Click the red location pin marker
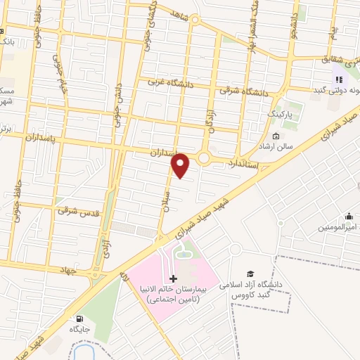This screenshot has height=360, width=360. pos(181,165)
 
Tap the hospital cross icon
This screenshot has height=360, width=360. pos(174,280)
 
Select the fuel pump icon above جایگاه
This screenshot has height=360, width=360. pos(89,319)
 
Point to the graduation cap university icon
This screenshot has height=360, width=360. pos(250,274)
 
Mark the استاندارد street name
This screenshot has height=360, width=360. pos(244,164)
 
